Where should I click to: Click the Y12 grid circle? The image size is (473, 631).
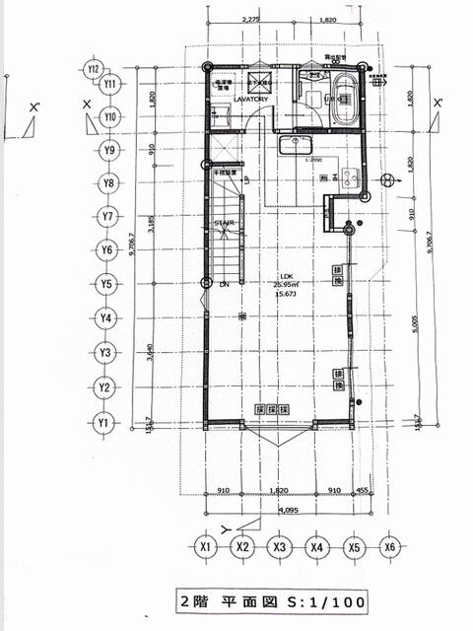tap(94, 69)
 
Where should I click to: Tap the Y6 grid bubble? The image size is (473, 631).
tap(106, 250)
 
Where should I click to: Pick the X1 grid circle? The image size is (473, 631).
tap(206, 546)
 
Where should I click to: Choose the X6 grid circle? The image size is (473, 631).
tap(390, 546)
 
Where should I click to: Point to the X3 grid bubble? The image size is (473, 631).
tap(280, 546)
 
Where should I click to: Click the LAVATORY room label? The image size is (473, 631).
tap(237, 99)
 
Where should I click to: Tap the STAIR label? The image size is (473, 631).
tap(224, 224)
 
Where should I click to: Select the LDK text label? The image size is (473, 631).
tap(287, 275)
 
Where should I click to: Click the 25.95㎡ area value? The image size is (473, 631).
tap(287, 284)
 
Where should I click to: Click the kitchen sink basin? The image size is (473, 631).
tap(295, 147)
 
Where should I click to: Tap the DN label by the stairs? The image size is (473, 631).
tap(224, 284)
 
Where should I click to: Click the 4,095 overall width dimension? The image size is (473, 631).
tap(288, 511)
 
